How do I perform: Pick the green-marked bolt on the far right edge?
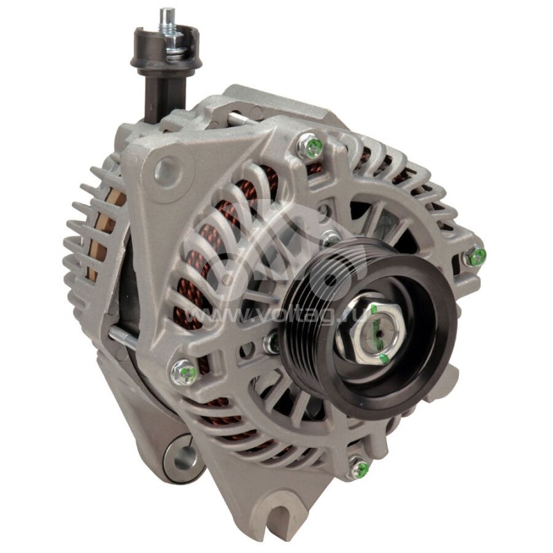tap(476, 257)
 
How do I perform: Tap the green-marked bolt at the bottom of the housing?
tap(359, 469)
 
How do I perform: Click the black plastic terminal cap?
tap(166, 55)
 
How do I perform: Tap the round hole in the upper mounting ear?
tap(165, 170)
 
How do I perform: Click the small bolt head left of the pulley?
tap(272, 341)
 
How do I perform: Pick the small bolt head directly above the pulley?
tap(331, 238)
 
